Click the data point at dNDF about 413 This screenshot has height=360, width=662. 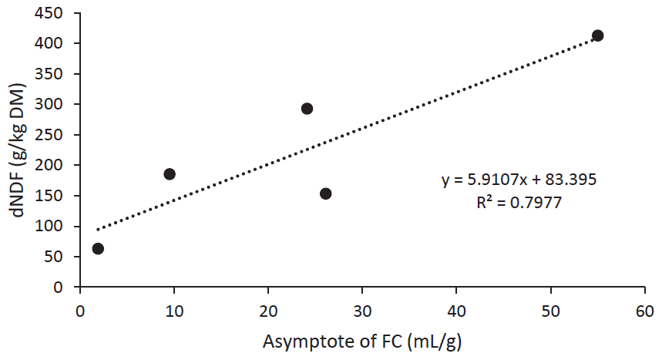pos(597,35)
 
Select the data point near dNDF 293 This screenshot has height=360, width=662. pos(307,109)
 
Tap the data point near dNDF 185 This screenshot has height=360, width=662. pos(170,174)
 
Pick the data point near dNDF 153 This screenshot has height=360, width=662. pos(325,193)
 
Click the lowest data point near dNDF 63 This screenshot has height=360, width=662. pos(98,248)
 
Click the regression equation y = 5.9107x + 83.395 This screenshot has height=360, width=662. pos(519,180)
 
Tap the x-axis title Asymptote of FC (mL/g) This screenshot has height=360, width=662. pos(363,341)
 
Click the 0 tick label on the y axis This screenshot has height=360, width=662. pos(65,288)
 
